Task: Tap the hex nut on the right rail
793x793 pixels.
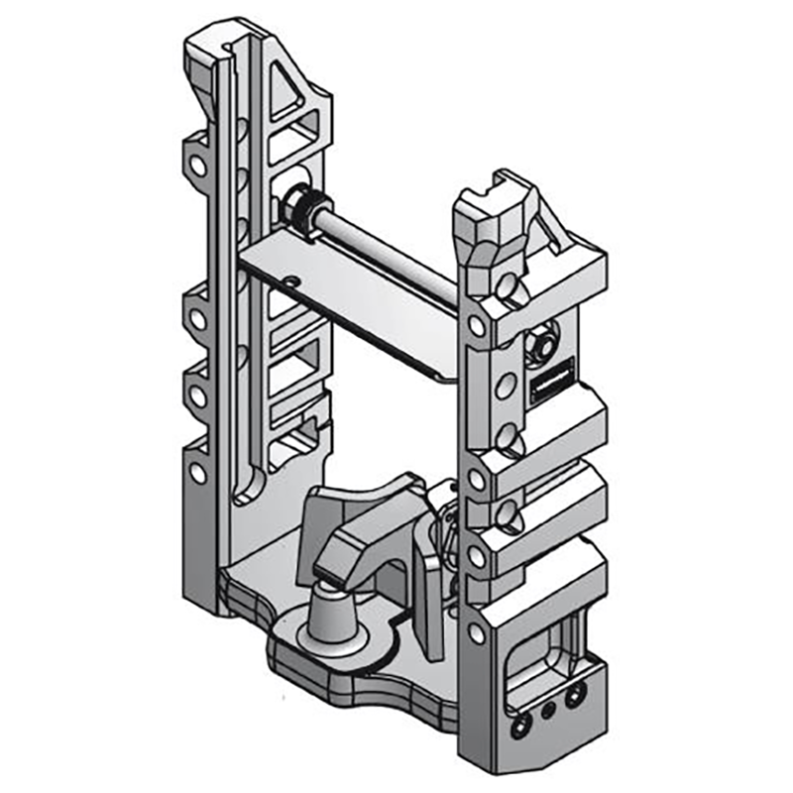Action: [x=544, y=342]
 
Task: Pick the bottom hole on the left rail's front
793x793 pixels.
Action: [x=198, y=474]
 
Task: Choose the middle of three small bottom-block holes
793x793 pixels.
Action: [x=545, y=710]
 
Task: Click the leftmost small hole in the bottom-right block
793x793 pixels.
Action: [x=516, y=729]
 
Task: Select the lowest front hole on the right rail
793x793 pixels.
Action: [x=477, y=632]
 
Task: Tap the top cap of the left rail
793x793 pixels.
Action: [x=213, y=45]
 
